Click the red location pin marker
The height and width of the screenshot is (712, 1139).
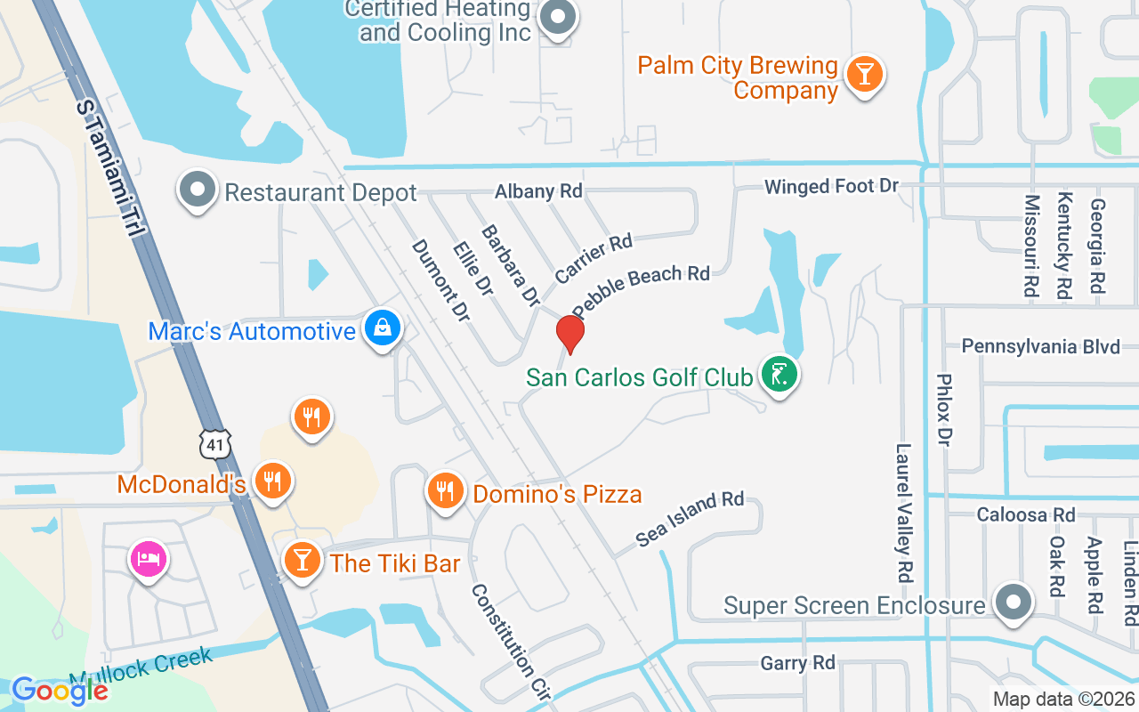[x=570, y=334]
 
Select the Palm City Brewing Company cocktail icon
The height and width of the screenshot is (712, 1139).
[x=863, y=73]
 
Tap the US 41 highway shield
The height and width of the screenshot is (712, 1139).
[x=215, y=442]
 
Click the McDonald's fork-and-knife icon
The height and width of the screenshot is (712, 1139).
[x=272, y=481]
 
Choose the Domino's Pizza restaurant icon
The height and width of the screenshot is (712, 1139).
[x=445, y=490]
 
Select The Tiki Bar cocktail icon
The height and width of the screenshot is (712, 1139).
[x=303, y=560]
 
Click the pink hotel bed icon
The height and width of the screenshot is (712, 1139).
[x=149, y=560]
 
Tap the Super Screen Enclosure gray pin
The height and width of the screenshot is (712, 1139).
[x=1012, y=603]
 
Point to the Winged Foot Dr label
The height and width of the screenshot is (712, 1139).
[x=832, y=187]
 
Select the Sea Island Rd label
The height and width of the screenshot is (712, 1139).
[x=690, y=518]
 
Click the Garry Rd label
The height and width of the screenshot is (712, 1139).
[x=797, y=663]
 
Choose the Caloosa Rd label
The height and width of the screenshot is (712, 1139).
[x=1025, y=514]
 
